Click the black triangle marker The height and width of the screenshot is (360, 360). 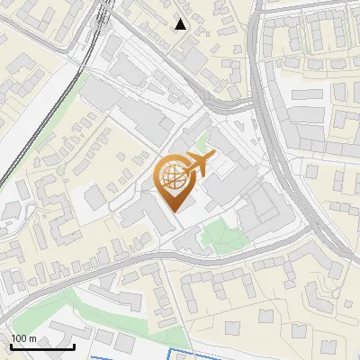(181, 24)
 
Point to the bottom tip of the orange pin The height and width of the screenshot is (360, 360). (175, 211)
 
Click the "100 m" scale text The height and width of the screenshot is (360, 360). (23, 338)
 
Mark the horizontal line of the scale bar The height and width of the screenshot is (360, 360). (42, 346)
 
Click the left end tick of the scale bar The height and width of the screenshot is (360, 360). (10, 345)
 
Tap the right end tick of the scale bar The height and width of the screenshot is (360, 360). (75, 345)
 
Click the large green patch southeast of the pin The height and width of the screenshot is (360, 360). (221, 236)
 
